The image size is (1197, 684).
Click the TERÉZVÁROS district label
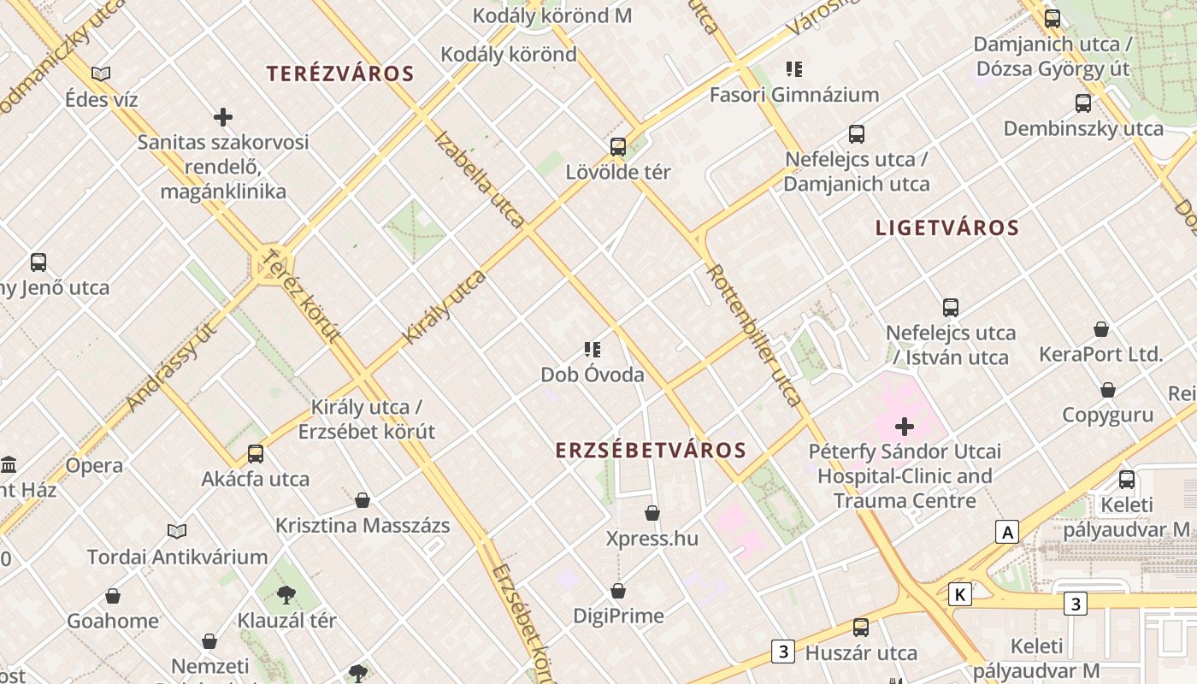click(x=340, y=74)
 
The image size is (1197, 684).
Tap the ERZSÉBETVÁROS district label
click(x=651, y=450)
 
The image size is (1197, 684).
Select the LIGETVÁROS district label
click(x=947, y=227)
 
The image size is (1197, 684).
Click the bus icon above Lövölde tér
click(x=618, y=146)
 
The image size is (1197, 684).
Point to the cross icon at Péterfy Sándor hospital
click(x=905, y=426)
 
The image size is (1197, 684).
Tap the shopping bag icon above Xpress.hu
click(x=652, y=513)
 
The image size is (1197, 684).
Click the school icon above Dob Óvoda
click(x=593, y=349)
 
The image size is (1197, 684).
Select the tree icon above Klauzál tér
click(x=286, y=594)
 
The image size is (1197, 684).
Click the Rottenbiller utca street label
click(x=754, y=333)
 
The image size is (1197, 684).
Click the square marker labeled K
click(x=960, y=594)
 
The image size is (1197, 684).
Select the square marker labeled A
click(x=1008, y=532)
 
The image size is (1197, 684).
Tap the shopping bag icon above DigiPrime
click(x=618, y=591)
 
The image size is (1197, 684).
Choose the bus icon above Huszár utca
click(x=860, y=628)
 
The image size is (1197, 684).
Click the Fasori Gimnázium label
click(x=794, y=95)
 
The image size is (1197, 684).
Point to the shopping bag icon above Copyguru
click(x=1108, y=390)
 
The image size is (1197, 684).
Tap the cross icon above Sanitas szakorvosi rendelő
click(x=223, y=116)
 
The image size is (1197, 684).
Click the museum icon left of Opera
click(x=9, y=465)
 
